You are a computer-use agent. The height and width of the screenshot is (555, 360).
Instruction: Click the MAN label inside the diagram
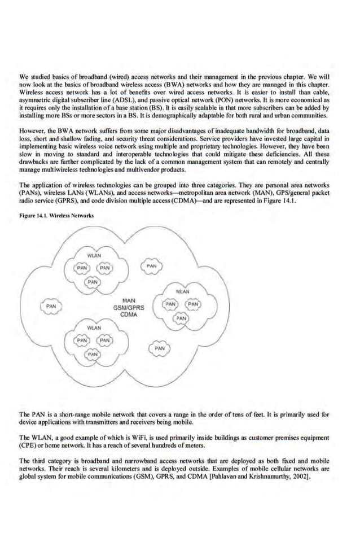tap(129, 300)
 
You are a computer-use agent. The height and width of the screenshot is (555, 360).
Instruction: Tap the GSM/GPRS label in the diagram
tap(129, 308)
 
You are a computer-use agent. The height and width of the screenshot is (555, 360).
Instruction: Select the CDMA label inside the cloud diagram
tap(129, 316)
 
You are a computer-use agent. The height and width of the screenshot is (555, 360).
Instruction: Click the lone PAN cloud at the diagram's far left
tap(50, 305)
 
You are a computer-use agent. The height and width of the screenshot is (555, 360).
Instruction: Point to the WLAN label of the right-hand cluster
tap(182, 292)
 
